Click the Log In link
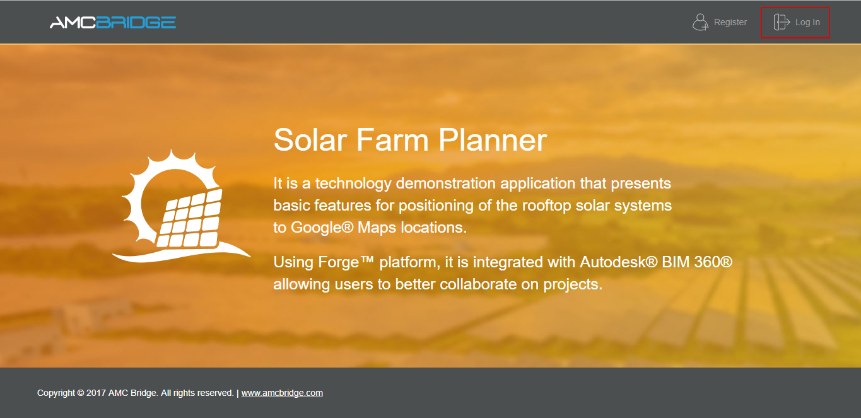807,22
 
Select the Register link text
730,22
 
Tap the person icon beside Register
700,22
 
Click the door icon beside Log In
782,22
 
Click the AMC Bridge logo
113,23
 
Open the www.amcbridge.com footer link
282,393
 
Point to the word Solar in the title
312,140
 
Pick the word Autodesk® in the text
619,262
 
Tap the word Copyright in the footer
56,393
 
